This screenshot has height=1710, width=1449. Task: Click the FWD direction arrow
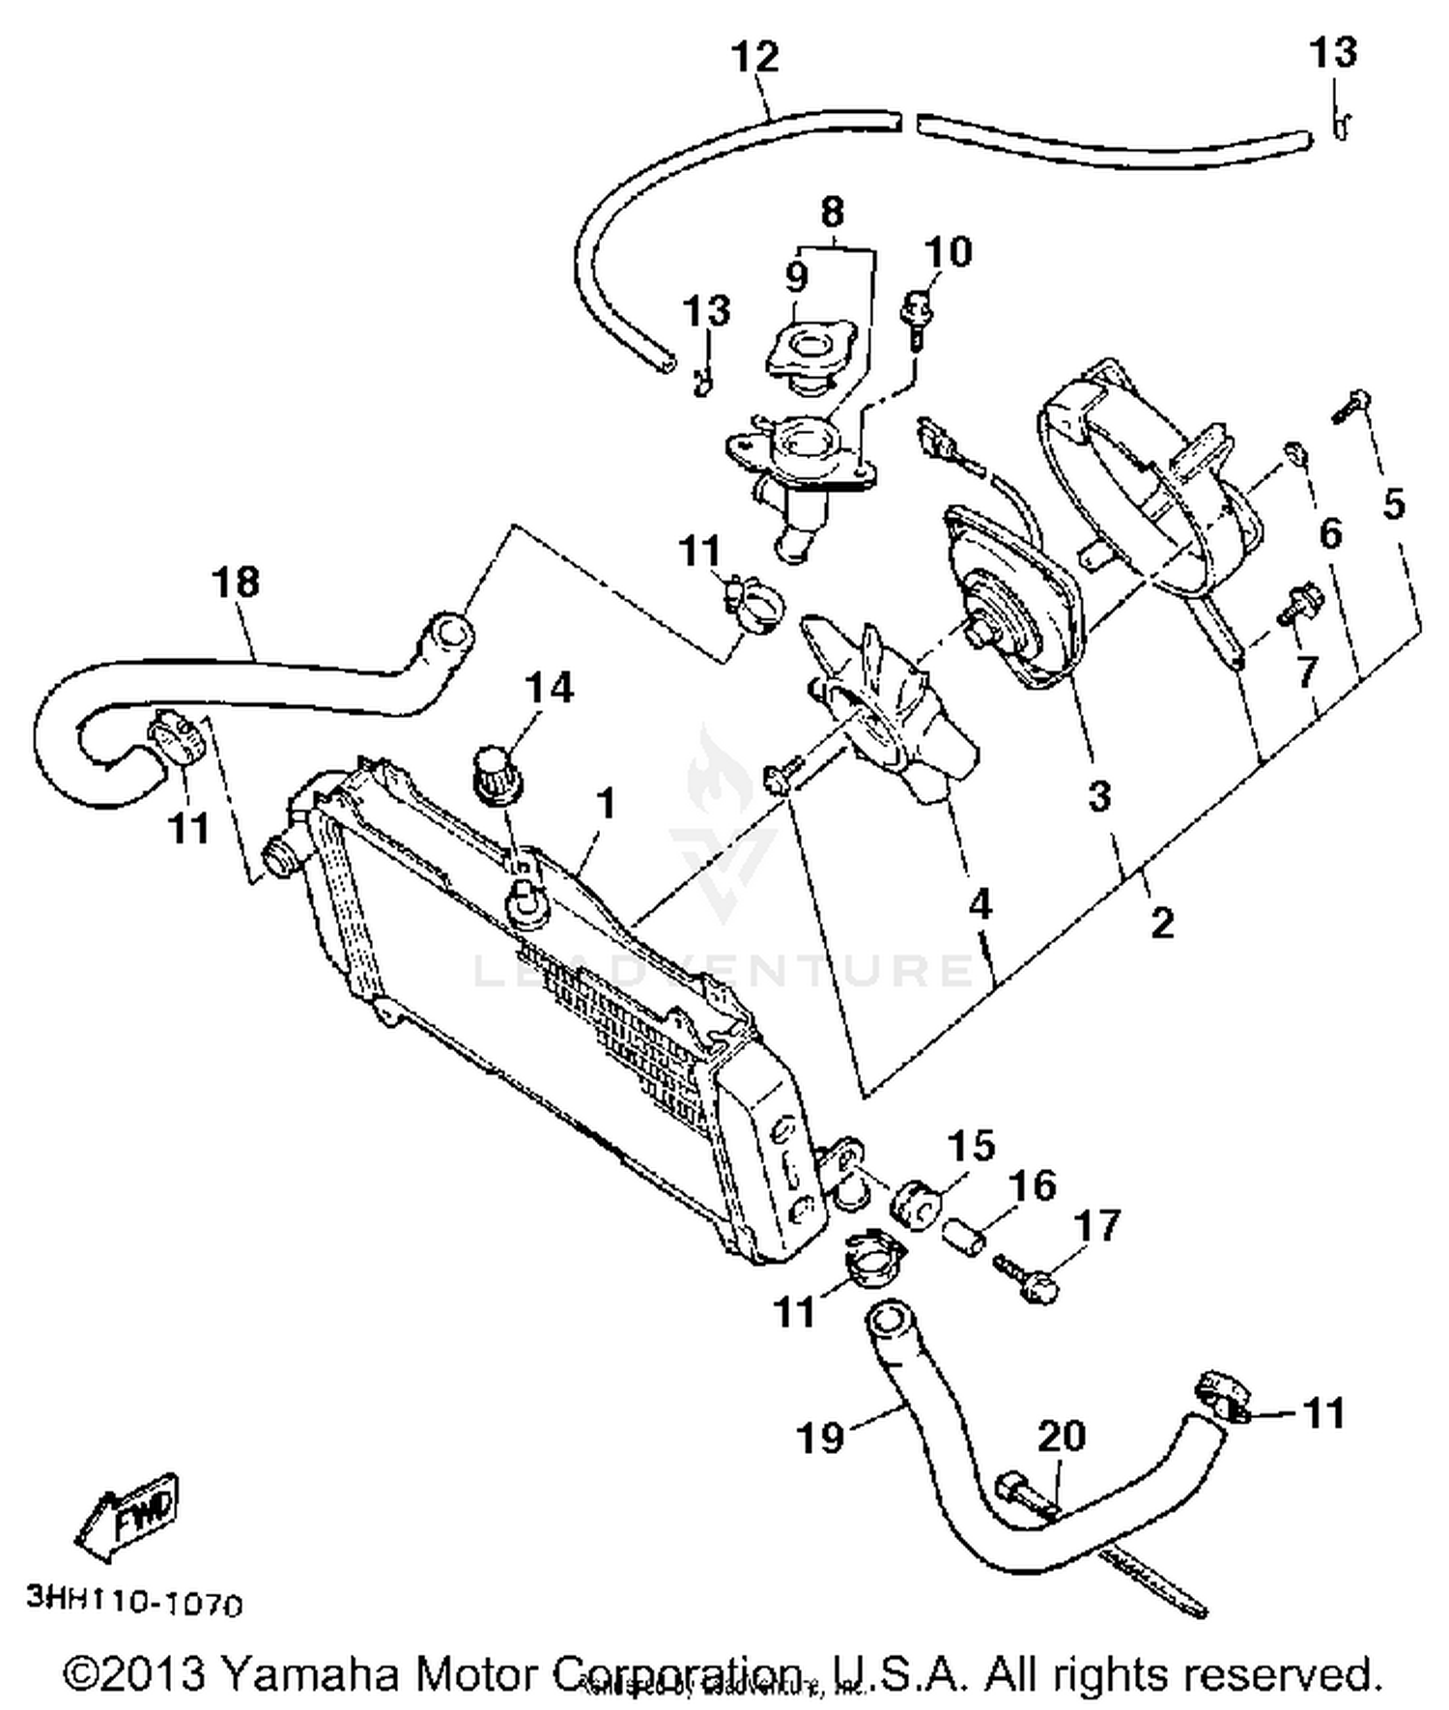click(x=129, y=1515)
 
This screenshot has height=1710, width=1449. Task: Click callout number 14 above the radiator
click(x=549, y=688)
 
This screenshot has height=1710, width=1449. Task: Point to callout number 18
click(x=236, y=583)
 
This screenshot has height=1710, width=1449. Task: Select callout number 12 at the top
click(x=754, y=57)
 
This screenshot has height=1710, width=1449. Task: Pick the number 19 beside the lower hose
click(x=820, y=1439)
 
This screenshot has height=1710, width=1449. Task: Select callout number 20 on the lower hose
click(x=1062, y=1437)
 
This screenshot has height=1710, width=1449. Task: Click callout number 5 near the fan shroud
click(x=1392, y=503)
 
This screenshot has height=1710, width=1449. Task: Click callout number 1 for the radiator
click(x=606, y=804)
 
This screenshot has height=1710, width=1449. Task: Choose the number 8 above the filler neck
click(x=832, y=211)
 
